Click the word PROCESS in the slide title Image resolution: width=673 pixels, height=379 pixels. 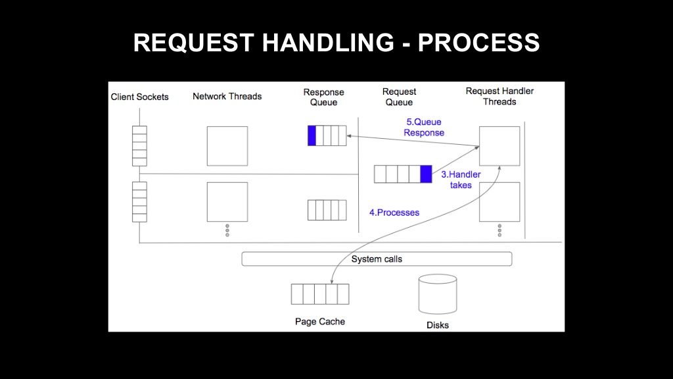tap(478, 43)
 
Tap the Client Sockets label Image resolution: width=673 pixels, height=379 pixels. tap(139, 97)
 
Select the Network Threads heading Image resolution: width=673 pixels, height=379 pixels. tap(227, 96)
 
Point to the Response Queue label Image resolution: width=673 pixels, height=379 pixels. tap(323, 97)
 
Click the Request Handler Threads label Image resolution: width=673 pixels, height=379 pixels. tap(499, 96)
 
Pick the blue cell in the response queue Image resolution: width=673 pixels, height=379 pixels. tap(312, 136)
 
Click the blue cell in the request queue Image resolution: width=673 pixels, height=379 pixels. tap(426, 174)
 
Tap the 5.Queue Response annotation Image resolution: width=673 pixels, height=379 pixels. tap(424, 127)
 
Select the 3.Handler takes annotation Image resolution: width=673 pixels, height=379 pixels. tap(461, 180)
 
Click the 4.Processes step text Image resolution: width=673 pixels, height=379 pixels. tap(394, 213)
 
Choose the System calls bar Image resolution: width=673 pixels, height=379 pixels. tap(377, 259)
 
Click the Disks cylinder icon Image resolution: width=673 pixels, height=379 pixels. tap(438, 294)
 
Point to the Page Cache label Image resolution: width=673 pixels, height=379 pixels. tap(320, 321)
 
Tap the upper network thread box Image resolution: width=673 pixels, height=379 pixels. tap(227, 146)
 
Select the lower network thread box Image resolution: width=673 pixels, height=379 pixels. tap(227, 202)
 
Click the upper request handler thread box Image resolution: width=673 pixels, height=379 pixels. tap(499, 146)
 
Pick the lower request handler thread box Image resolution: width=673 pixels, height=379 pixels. tap(499, 202)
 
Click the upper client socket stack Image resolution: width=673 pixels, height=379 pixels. tap(139, 146)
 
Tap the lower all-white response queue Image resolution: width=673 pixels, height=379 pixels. tap(327, 210)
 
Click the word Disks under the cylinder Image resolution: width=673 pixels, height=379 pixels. tap(438, 325)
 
